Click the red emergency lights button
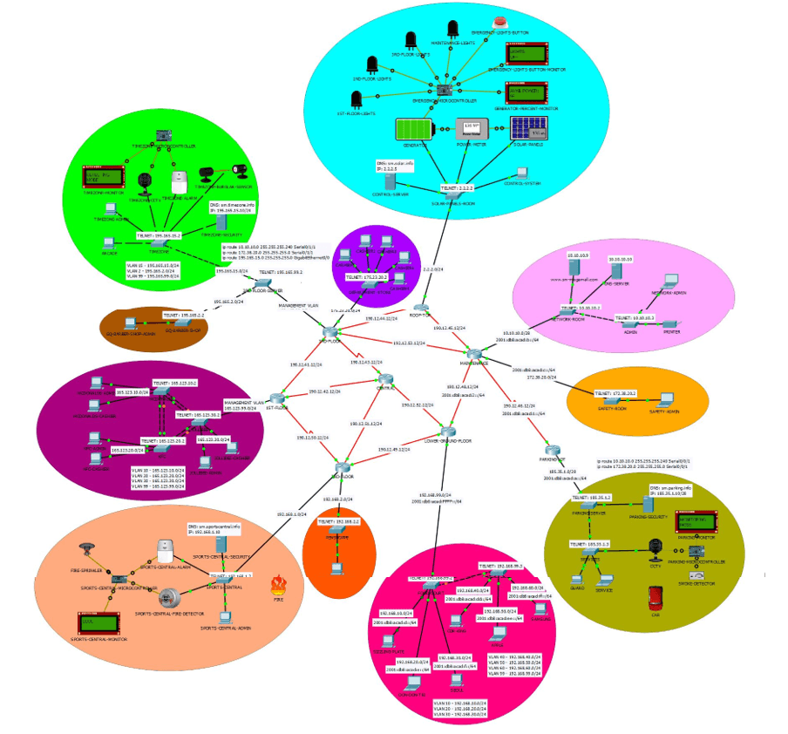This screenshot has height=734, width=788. click(x=499, y=24)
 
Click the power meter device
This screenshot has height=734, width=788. click(x=474, y=132)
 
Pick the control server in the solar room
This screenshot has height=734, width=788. click(x=390, y=183)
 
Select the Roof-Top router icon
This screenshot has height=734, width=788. click(x=421, y=307)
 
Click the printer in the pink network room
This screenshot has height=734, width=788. click(x=671, y=324)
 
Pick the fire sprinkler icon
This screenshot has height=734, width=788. click(x=86, y=550)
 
